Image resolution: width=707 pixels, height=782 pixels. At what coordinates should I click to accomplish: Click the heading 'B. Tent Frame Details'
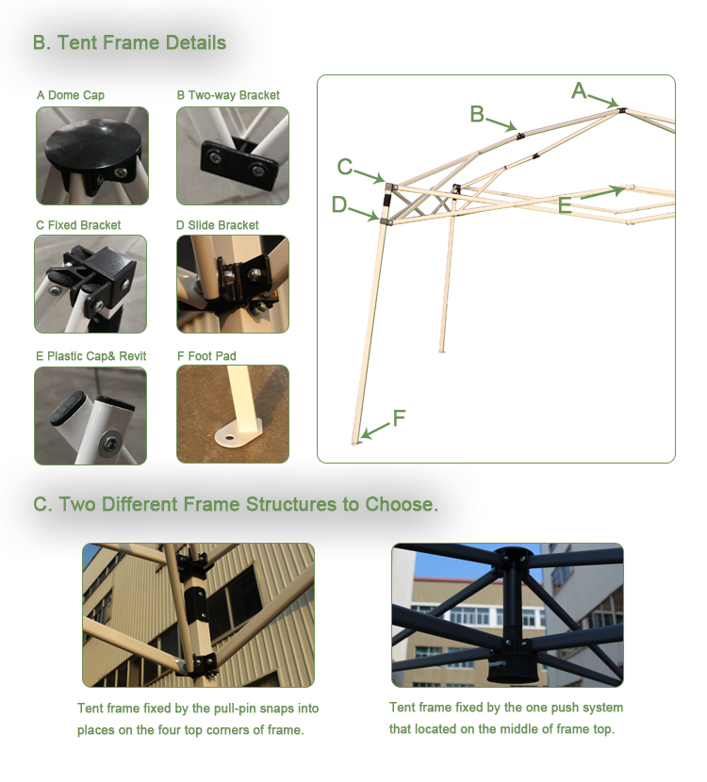[129, 42]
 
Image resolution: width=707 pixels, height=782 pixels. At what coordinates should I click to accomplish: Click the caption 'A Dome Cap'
[71, 95]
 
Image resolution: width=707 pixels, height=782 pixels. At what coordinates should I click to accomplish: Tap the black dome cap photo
[91, 155]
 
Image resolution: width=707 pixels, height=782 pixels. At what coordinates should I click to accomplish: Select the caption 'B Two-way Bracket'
[228, 95]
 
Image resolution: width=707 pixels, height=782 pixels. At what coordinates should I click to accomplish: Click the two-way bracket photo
[232, 155]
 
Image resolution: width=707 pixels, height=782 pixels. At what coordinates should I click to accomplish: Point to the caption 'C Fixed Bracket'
[78, 225]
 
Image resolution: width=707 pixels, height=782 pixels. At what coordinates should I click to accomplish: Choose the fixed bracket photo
[90, 285]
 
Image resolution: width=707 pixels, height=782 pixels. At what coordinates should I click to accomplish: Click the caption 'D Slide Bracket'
[218, 225]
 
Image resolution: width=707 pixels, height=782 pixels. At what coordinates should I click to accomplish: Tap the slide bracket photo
[232, 285]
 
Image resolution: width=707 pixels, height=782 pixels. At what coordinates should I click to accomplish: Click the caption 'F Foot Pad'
[206, 356]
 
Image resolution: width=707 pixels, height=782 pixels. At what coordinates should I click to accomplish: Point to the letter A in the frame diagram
[579, 90]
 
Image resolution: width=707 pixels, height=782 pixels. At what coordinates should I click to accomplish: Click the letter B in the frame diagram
[477, 114]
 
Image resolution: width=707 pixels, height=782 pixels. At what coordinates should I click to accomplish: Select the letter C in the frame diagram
[345, 167]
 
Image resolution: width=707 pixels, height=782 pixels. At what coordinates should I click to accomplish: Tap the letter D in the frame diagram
[339, 204]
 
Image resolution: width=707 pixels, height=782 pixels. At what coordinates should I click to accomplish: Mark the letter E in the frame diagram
[565, 205]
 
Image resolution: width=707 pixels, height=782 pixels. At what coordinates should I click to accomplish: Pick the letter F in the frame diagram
[400, 417]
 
